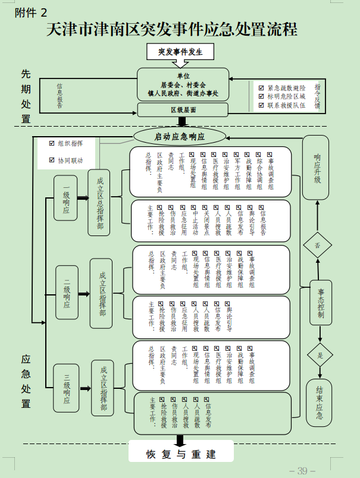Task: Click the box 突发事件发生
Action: pos(180,52)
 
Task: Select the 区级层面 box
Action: pos(183,110)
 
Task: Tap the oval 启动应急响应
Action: pos(179,136)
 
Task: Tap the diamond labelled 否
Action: pos(318,245)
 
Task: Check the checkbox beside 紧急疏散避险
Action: pos(261,87)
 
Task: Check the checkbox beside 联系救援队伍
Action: pos(261,105)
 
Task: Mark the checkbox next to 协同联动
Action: pos(51,161)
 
